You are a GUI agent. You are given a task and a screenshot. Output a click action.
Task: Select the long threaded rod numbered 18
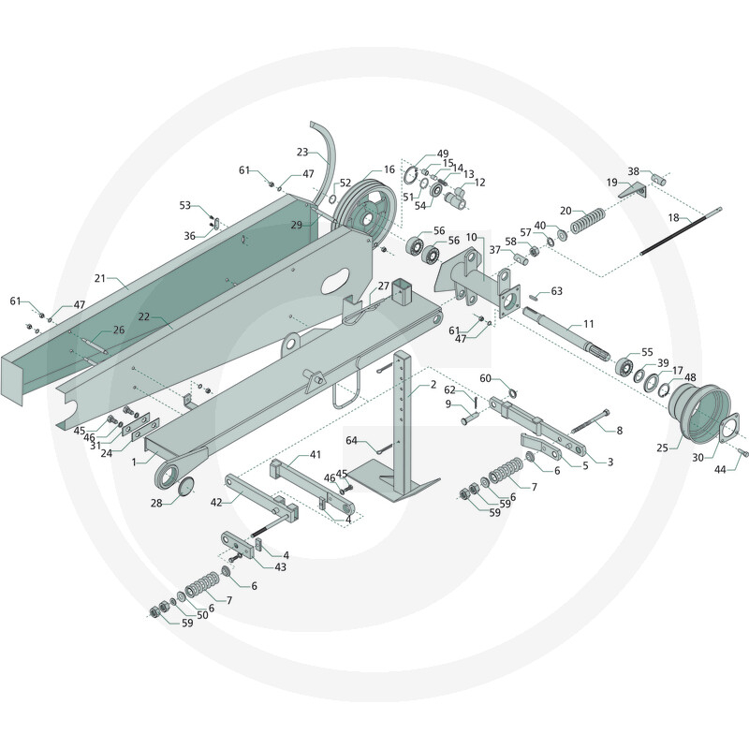tap(682, 231)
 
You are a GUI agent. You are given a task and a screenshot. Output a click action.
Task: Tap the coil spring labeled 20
tap(588, 221)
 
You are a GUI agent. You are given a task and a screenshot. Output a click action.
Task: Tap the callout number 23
tap(302, 152)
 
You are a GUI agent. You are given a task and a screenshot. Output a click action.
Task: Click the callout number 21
tap(99, 277)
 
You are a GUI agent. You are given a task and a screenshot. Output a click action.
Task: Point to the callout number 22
tap(144, 316)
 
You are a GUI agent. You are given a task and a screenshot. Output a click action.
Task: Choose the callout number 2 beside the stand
tap(433, 385)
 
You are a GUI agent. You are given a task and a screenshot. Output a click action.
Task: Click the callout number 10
tap(472, 238)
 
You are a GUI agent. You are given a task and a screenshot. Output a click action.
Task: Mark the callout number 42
tap(216, 503)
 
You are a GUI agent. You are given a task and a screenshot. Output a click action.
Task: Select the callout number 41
tap(316, 454)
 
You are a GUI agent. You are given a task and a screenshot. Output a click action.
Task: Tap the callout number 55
tap(647, 352)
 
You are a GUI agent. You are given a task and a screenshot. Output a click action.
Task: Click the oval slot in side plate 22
tap(335, 281)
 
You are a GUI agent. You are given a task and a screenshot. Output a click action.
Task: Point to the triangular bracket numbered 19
tap(635, 191)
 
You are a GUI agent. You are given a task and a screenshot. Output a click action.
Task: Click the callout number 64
tap(352, 440)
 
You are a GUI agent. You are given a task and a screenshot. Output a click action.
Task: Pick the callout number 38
tap(634, 171)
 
